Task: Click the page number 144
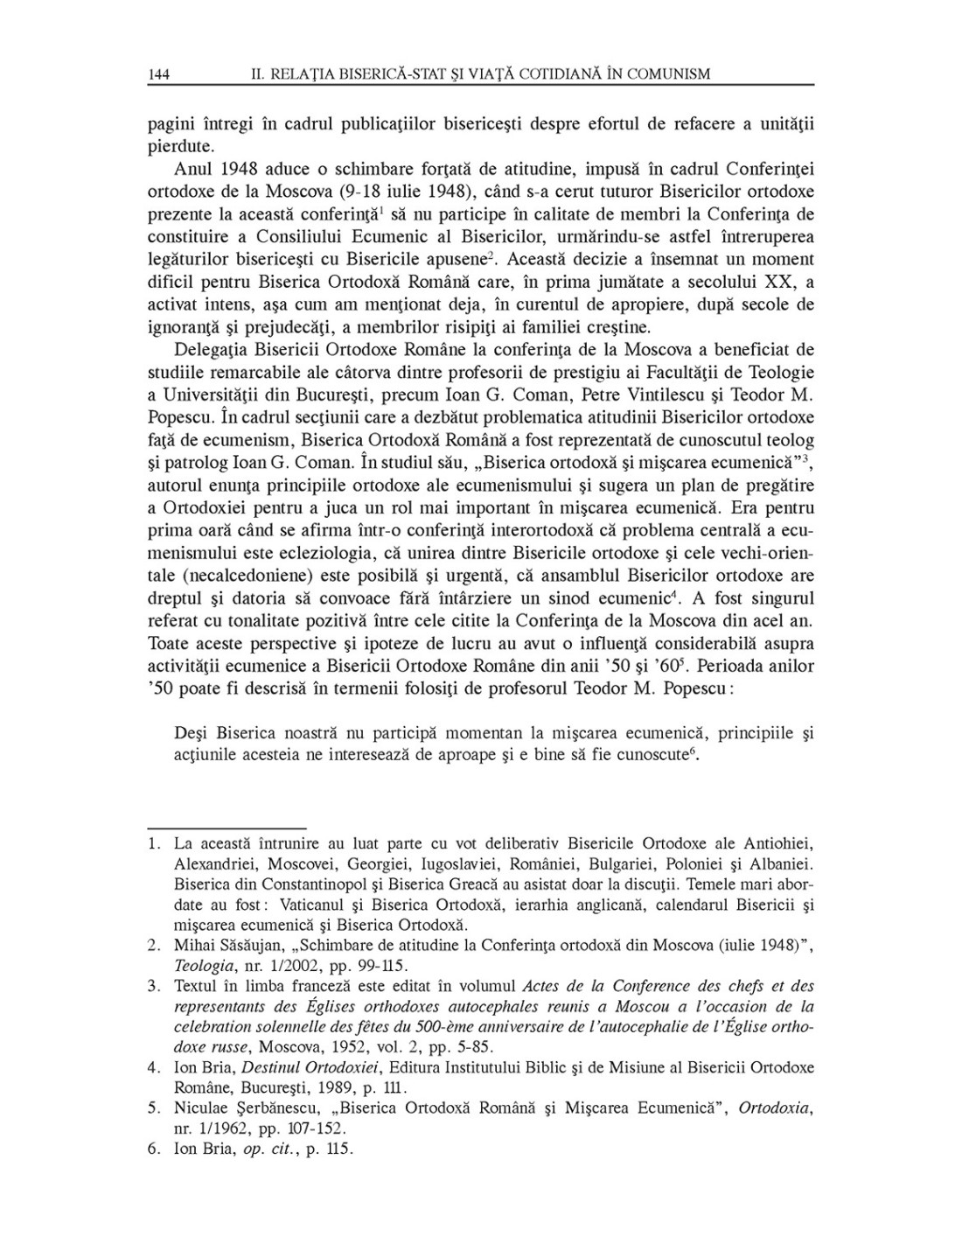coord(158,74)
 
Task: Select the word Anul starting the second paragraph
coord(192,169)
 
